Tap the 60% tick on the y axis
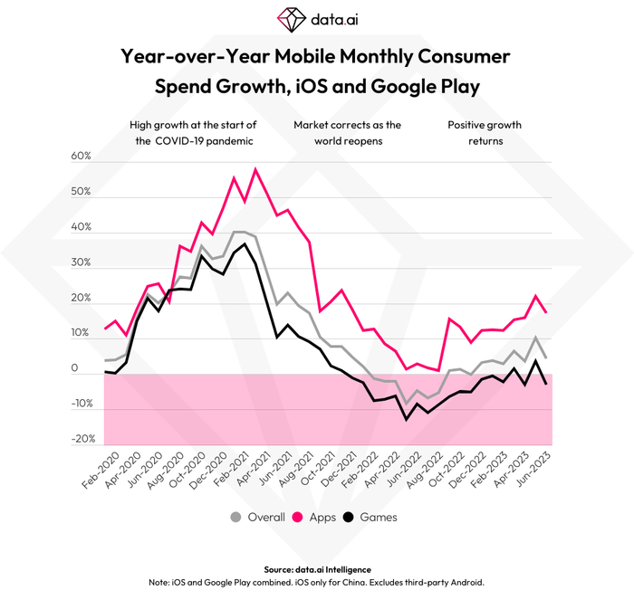[82, 157]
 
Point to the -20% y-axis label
[80, 439]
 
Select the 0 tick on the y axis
[89, 369]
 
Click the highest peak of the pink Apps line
[255, 169]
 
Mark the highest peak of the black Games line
[245, 244]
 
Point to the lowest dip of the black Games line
[406, 419]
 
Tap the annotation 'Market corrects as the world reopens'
[347, 133]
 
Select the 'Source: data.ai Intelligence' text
[317, 568]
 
